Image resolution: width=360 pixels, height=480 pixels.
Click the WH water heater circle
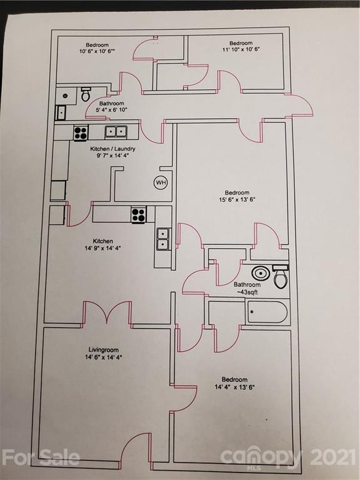pyautogui.click(x=161, y=182)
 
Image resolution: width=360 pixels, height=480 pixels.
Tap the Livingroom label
pyautogui.click(x=104, y=349)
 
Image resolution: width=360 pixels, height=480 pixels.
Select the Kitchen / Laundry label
pyautogui.click(x=112, y=149)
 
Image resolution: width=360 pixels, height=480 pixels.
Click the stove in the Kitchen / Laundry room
pyautogui.click(x=81, y=132)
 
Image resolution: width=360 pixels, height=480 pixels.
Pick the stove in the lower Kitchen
pyautogui.click(x=139, y=214)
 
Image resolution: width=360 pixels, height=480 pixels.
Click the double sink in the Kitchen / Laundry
pyautogui.click(x=116, y=132)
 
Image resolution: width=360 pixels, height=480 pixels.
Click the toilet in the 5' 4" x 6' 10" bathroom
pyautogui.click(x=86, y=94)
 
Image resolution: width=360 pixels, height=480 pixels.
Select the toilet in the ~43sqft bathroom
pyautogui.click(x=281, y=277)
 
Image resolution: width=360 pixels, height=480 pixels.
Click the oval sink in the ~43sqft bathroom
pyautogui.click(x=261, y=273)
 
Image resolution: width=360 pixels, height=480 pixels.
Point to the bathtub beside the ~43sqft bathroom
pyautogui.click(x=267, y=312)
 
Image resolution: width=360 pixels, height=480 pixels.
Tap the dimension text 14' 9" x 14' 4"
pyautogui.click(x=102, y=248)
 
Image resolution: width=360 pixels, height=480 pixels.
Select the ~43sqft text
pyautogui.click(x=247, y=292)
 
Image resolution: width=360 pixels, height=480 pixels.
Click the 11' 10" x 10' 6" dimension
pyautogui.click(x=241, y=49)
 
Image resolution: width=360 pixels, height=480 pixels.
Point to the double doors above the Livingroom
pyautogui.click(x=107, y=313)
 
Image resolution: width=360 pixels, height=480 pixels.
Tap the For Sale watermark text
pyautogui.click(x=41, y=457)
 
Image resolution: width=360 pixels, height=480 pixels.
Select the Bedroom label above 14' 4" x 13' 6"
pyautogui.click(x=235, y=379)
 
